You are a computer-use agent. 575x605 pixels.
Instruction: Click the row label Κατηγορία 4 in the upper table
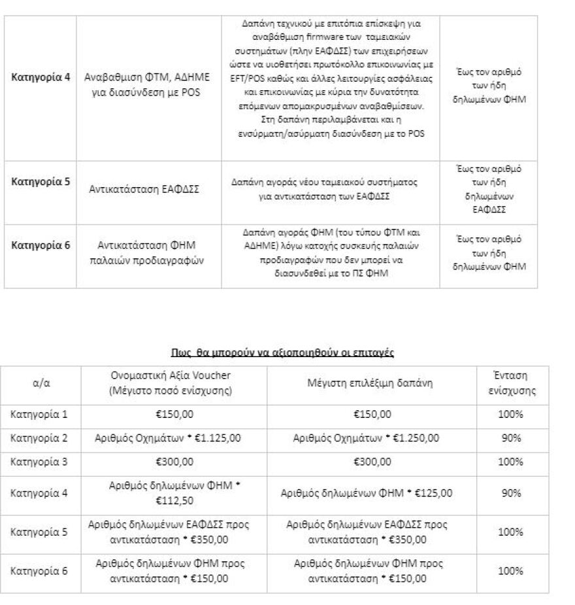tap(41, 77)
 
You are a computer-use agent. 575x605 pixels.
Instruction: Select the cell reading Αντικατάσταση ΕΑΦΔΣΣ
tap(144, 189)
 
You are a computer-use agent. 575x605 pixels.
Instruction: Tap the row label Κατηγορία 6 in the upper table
tap(41, 245)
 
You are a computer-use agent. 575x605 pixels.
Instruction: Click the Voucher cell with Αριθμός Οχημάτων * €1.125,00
tap(174, 438)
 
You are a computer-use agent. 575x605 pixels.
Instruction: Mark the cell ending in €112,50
tap(174, 493)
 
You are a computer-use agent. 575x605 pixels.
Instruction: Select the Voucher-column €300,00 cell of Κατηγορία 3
tap(174, 462)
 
